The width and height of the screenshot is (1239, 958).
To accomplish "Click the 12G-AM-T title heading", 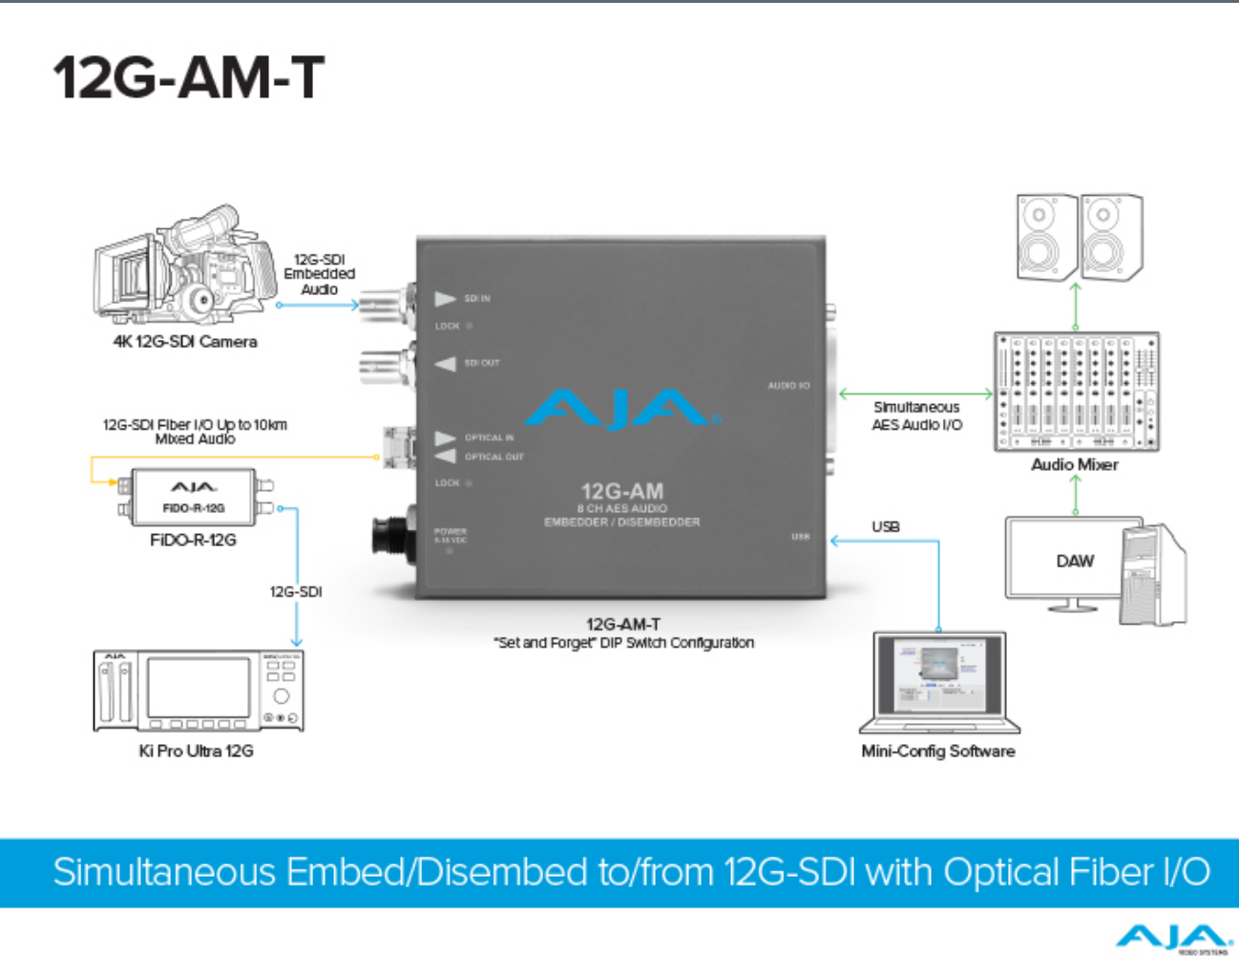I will [189, 77].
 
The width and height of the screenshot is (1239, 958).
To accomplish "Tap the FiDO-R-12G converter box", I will [194, 497].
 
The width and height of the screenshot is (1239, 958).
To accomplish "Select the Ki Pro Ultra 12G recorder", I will [199, 691].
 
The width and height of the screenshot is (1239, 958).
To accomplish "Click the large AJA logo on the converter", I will [620, 408].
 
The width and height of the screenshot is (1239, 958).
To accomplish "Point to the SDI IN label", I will [476, 299].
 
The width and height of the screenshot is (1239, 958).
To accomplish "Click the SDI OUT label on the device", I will [481, 363].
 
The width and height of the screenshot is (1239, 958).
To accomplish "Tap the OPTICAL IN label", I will [489, 437].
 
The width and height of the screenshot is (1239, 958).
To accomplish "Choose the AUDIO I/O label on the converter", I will [788, 386].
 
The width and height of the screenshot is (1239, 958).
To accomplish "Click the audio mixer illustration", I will [1076, 392].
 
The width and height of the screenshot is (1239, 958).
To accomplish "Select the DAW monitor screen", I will [1074, 561].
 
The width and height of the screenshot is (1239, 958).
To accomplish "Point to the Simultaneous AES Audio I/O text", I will [916, 415].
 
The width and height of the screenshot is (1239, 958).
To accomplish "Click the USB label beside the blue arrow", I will [885, 526].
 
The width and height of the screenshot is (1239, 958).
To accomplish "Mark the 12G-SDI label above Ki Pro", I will [296, 592].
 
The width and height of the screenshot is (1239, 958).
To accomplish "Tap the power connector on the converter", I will [393, 535].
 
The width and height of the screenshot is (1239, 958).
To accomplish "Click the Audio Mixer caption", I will [1074, 465].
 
